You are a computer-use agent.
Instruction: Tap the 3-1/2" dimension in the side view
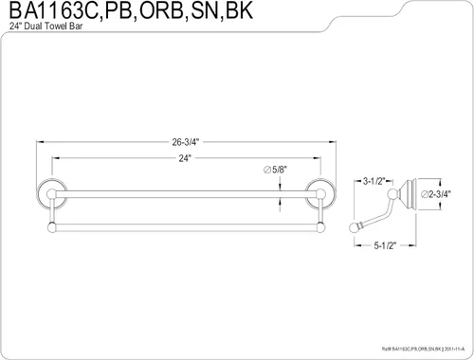coord(374,177)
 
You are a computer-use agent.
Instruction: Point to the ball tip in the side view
coord(357,225)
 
